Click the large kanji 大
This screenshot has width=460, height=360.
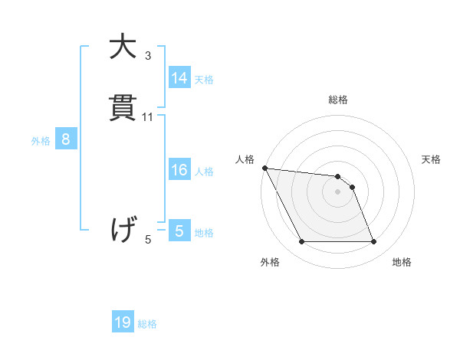coord(123,47)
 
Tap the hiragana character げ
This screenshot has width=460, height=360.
coord(123,230)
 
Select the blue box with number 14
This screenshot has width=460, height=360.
coord(179,78)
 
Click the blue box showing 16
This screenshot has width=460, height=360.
coord(179,170)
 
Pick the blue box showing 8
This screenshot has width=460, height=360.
coord(66,139)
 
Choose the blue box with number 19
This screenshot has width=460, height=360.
coord(123,322)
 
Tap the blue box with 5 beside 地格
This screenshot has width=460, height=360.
coord(179,231)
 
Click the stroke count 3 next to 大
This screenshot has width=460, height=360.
coord(148,56)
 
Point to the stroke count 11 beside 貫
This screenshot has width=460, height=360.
coord(148,117)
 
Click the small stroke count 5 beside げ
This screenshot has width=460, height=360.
coord(148,240)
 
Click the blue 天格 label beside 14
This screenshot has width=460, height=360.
coord(204,79)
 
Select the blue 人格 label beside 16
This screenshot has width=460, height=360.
coord(204,171)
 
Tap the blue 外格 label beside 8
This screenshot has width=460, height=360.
coord(41,140)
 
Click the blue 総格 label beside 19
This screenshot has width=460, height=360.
coord(147,324)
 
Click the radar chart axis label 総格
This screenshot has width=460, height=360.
coord(338,100)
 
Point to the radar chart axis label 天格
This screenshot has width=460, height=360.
coord(432,159)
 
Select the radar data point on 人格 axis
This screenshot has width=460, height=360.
coord(264,168)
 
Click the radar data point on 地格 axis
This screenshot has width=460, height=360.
coord(374,242)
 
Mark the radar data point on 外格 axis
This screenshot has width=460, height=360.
coord(301,242)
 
